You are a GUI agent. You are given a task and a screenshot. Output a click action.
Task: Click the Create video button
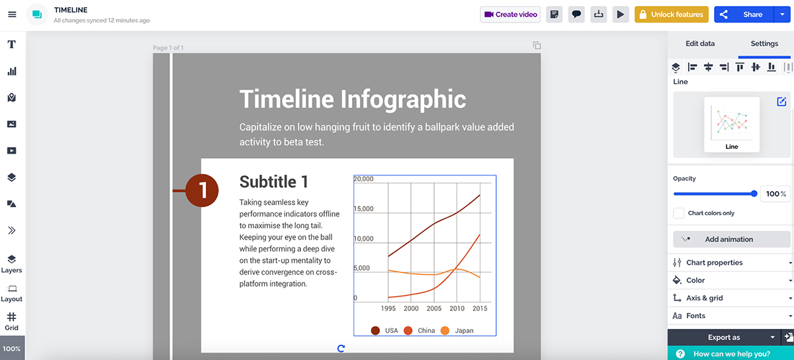coord(510,15)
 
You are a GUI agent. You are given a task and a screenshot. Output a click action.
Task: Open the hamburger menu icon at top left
coord(12,15)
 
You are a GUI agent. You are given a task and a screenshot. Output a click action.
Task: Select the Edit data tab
coord(699,44)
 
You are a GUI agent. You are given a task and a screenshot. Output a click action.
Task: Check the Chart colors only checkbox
coord(678,213)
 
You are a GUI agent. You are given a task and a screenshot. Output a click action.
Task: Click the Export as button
coord(723,337)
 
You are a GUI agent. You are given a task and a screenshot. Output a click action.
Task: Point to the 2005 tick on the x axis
coord(434,308)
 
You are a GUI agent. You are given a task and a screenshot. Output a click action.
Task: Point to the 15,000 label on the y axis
coord(364,209)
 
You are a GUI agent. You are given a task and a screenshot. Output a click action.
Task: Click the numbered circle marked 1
coord(202,191)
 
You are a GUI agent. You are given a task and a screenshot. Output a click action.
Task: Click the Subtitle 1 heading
coord(273,182)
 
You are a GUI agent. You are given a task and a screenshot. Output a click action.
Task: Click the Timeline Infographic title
coord(352,99)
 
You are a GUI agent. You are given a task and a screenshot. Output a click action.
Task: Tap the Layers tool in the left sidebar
coord(12,263)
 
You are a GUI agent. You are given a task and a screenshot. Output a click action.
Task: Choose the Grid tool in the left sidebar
coord(12,321)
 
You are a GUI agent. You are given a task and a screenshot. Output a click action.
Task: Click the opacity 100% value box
coord(775,194)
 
